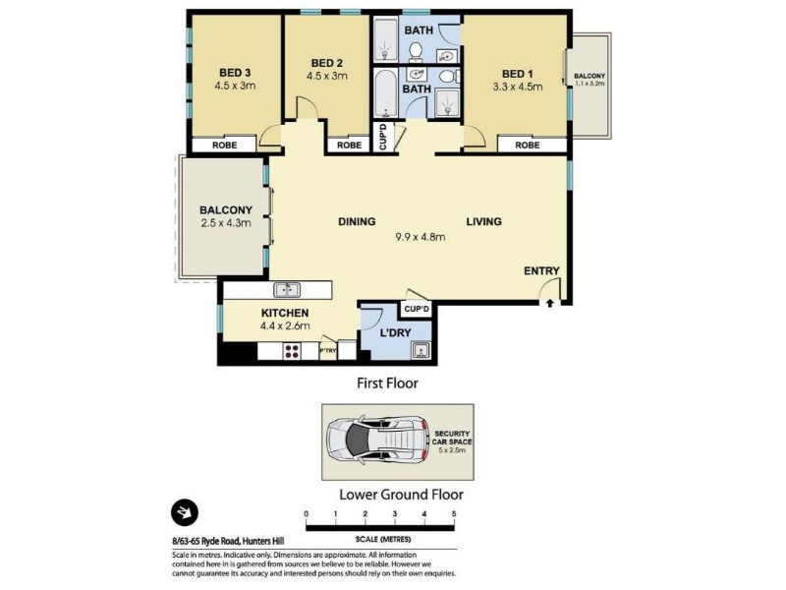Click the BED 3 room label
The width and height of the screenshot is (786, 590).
pos(235,73)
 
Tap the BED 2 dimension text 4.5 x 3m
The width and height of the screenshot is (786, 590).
pos(327,77)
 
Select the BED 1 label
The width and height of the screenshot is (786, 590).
pos(518,74)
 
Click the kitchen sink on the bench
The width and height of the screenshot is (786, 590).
pos(287,290)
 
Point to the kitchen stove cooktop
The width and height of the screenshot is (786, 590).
pos(292,351)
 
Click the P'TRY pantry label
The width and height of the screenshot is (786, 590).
pos(328,351)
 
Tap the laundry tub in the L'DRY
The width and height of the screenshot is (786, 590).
pos(421,350)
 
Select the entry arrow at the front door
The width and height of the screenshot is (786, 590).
pos(550,303)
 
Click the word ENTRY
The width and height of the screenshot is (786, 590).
pos(541,271)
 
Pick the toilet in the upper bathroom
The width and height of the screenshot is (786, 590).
pos(415,51)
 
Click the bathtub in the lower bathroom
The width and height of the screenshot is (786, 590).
pos(385,93)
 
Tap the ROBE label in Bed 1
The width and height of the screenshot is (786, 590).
pos(528,145)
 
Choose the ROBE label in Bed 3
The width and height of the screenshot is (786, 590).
pos(225,145)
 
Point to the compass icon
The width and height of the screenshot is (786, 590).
pos(185,512)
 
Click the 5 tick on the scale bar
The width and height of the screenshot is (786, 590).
pos(454,513)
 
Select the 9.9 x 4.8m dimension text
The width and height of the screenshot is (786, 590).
pos(421,237)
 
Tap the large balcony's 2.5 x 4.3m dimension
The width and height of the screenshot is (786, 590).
pos(226,223)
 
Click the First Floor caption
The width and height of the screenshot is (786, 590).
pos(387,383)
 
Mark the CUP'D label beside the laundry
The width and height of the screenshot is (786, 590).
pos(417,309)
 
